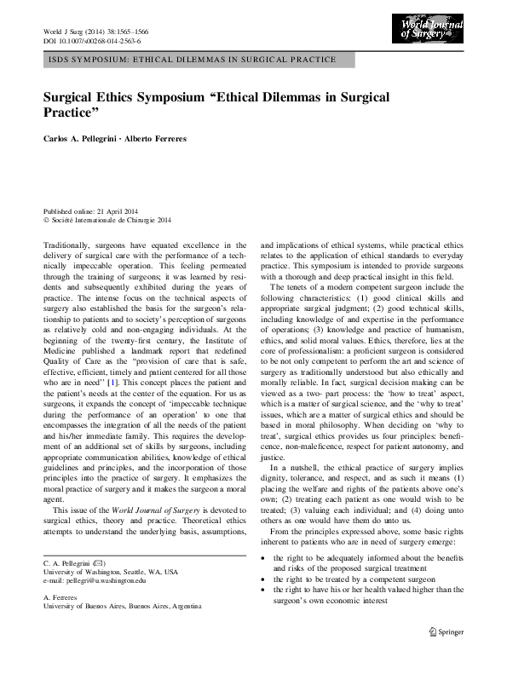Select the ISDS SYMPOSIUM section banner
(188, 60)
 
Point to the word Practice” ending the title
(72, 112)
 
